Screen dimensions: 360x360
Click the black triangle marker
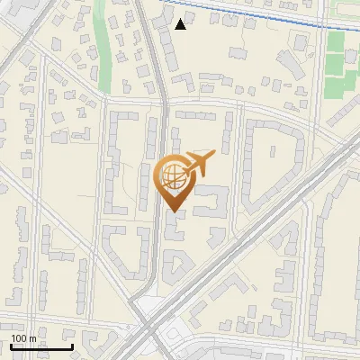coord(181,23)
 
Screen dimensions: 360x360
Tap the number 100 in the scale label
coord(19,338)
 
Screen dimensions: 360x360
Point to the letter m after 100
coord(32,338)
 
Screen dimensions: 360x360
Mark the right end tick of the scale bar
coord(72,345)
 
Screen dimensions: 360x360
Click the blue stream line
coord(252,15)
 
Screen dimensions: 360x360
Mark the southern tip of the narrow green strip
coord(105,90)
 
